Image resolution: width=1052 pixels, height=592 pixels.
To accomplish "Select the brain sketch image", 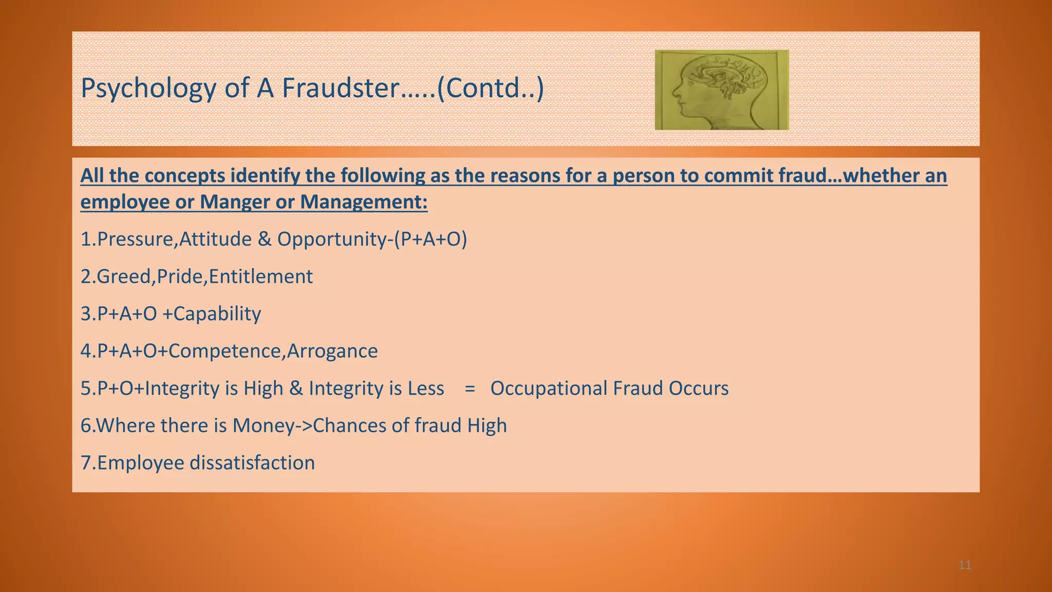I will tap(722, 90).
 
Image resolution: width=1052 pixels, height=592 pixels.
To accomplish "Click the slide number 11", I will tap(965, 566).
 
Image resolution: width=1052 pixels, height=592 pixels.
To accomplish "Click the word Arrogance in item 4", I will tap(332, 351).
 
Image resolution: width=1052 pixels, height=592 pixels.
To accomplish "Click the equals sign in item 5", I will tap(469, 389).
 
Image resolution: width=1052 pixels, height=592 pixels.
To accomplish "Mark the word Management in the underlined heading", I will tap(364, 202).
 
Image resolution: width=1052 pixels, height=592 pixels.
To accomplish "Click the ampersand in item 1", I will tap(265, 239).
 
